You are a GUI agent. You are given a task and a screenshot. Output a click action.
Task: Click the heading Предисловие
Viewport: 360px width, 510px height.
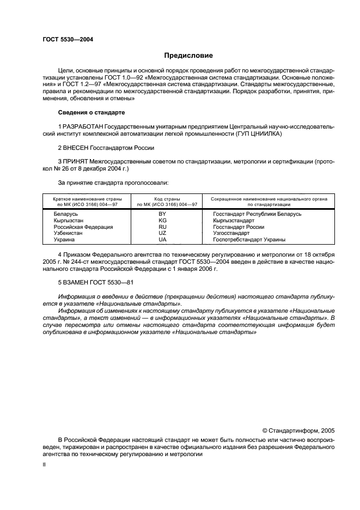188,55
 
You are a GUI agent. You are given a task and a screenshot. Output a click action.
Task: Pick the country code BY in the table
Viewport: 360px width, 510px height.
162,214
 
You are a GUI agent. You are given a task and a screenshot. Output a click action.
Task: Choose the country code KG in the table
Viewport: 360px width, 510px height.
162,221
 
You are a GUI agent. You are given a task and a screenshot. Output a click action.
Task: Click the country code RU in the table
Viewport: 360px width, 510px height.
162,227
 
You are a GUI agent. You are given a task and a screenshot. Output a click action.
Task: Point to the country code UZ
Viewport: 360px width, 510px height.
162,233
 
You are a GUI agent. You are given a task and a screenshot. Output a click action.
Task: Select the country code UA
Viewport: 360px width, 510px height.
162,240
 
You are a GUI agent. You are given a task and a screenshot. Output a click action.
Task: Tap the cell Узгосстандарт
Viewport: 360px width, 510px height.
231,233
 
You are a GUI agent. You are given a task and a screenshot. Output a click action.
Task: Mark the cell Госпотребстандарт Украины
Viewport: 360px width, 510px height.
249,240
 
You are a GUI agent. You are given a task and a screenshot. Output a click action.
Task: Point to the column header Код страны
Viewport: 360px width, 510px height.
162,199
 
